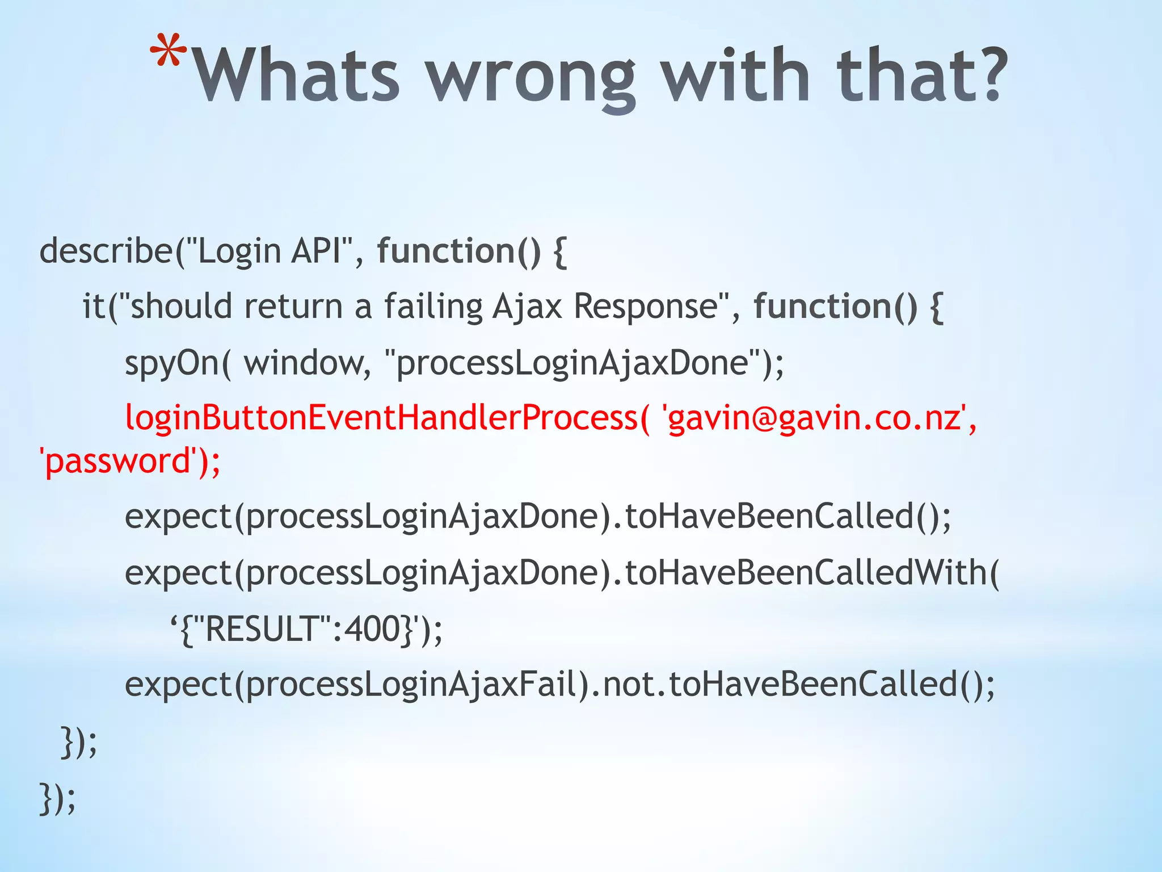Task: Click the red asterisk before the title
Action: click(169, 52)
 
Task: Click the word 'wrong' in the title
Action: click(531, 77)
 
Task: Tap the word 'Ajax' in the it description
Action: click(527, 307)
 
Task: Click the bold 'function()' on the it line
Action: click(835, 307)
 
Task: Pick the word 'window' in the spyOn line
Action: click(307, 362)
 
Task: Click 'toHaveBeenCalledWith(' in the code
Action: click(812, 572)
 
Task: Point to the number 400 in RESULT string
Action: click(373, 629)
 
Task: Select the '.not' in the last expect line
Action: click(629, 684)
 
